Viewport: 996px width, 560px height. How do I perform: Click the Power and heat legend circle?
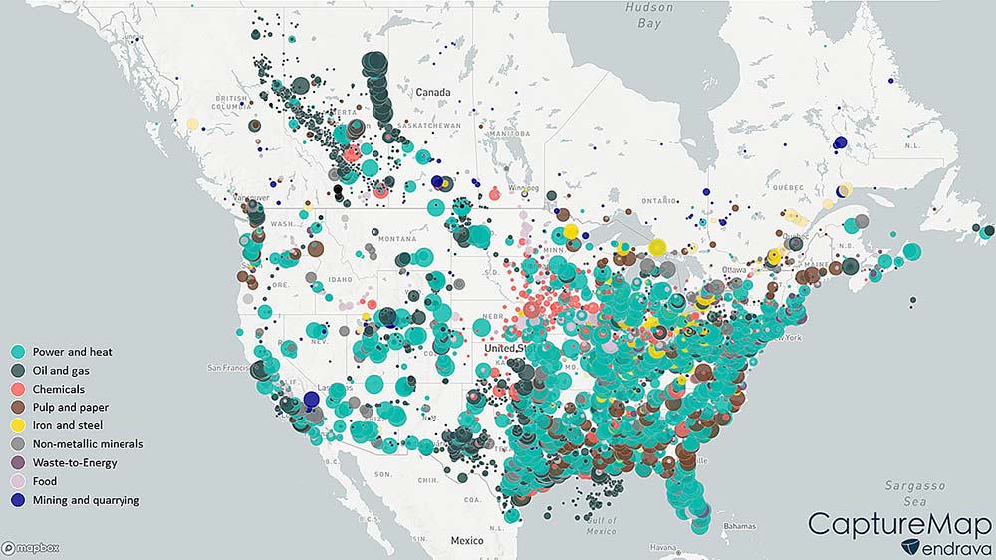(18, 352)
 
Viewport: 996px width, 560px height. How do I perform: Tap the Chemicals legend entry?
(58, 389)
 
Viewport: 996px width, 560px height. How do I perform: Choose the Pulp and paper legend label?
(70, 408)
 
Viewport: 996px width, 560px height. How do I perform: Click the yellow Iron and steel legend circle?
(18, 426)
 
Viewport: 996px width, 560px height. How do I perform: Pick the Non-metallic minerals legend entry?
(88, 444)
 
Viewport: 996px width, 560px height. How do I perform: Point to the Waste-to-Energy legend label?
(75, 463)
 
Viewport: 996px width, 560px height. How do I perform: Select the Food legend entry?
(46, 481)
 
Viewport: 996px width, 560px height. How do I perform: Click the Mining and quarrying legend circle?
(18, 500)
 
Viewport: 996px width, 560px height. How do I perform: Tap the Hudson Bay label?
(649, 14)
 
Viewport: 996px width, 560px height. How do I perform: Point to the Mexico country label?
(465, 540)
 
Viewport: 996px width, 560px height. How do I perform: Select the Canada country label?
(433, 92)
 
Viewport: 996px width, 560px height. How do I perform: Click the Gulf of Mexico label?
(600, 526)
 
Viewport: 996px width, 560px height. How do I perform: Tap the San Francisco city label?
(230, 368)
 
